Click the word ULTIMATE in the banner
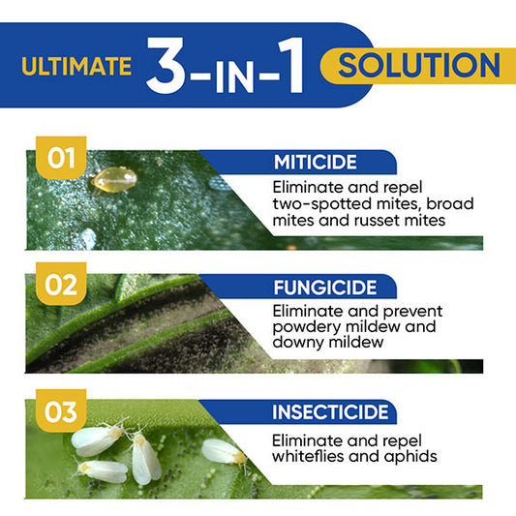[76, 67]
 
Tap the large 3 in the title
[171, 66]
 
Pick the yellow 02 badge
[61, 285]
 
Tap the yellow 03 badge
[61, 412]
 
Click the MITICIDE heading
[315, 162]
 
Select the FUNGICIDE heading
[321, 287]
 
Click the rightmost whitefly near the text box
[224, 452]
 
